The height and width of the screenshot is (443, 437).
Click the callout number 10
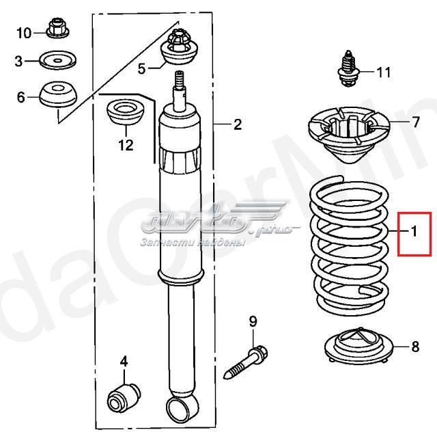click(23, 32)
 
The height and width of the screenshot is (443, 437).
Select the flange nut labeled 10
click(56, 31)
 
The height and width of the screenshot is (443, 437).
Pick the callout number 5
click(142, 68)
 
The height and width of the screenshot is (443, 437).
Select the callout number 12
click(125, 145)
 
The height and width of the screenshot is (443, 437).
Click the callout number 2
click(238, 124)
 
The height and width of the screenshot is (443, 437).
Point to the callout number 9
click(252, 321)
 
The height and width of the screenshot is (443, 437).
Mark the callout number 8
click(415, 347)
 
